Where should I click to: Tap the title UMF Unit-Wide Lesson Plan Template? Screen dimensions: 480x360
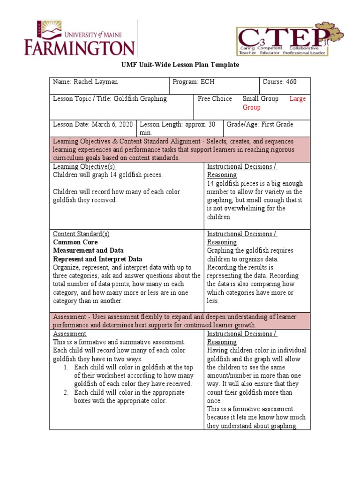180,65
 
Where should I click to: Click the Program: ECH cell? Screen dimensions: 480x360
194,82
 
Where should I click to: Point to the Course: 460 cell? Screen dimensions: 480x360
279,82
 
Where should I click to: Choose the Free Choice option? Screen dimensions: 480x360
215,99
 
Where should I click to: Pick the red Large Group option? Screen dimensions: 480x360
297,99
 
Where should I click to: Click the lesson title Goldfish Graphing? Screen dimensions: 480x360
140,99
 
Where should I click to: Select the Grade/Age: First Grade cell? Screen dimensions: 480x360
260,124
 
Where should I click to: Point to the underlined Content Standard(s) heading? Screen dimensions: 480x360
81,234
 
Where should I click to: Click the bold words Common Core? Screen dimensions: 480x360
75,242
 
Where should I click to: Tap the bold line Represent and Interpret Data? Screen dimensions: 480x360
97,259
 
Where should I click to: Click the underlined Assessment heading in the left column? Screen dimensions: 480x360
69,334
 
